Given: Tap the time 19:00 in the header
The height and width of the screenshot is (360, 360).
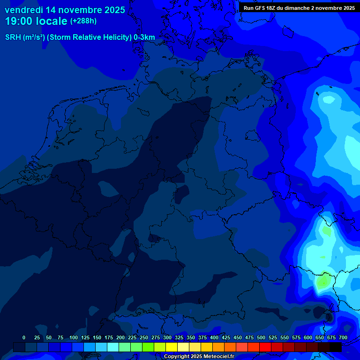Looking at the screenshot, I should click(x=19, y=21).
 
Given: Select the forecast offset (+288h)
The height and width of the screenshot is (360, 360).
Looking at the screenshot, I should click(x=83, y=21).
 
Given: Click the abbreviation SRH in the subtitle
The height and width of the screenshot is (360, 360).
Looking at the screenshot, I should click(x=13, y=37).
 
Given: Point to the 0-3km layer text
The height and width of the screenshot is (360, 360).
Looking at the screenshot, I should click(x=144, y=37).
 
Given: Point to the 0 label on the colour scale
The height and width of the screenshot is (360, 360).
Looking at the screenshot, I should click(x=24, y=337).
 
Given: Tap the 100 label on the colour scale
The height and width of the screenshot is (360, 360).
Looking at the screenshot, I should click(x=74, y=337).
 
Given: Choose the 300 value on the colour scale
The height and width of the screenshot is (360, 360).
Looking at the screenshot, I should click(x=167, y=337).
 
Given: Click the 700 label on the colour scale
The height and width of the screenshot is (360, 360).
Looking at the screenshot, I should click(x=343, y=337).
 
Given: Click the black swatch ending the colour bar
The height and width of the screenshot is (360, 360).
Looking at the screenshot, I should click(x=336, y=347).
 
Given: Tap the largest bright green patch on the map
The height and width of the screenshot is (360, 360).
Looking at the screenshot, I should click(x=323, y=281).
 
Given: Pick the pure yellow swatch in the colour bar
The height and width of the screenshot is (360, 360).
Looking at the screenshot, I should click(x=172, y=347).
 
